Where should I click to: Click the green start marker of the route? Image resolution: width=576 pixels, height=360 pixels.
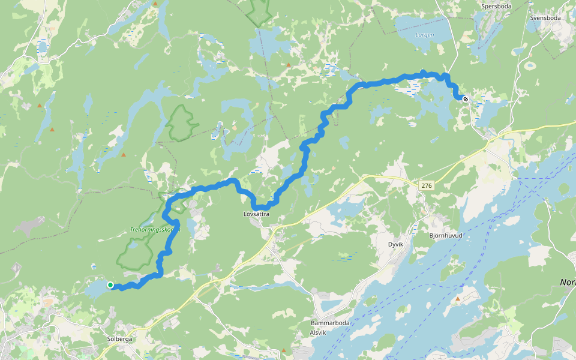(x=110, y=285)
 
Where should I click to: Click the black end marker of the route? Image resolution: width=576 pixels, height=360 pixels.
(x=465, y=99)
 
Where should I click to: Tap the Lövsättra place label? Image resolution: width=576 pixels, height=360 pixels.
(x=256, y=214)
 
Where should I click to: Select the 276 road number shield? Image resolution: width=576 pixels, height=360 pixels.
(x=427, y=186)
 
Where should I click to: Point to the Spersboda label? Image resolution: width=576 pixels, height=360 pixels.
(x=496, y=7)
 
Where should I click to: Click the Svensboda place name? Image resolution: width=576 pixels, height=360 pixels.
(x=545, y=18)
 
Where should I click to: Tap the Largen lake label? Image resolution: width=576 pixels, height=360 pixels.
(x=424, y=35)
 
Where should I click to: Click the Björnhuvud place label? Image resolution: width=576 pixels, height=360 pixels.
(x=446, y=236)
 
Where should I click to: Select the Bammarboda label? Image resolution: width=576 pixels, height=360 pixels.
(x=330, y=323)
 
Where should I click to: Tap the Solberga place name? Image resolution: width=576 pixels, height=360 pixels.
(x=119, y=339)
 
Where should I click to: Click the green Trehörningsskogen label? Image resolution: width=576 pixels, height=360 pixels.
(x=154, y=230)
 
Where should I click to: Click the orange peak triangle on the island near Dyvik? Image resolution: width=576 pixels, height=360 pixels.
(x=458, y=298)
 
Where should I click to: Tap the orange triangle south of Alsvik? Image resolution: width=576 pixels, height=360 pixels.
(x=284, y=350)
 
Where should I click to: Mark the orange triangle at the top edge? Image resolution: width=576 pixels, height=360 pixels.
(x=155, y=4)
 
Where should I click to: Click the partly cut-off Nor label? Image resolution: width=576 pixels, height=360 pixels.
(x=567, y=282)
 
